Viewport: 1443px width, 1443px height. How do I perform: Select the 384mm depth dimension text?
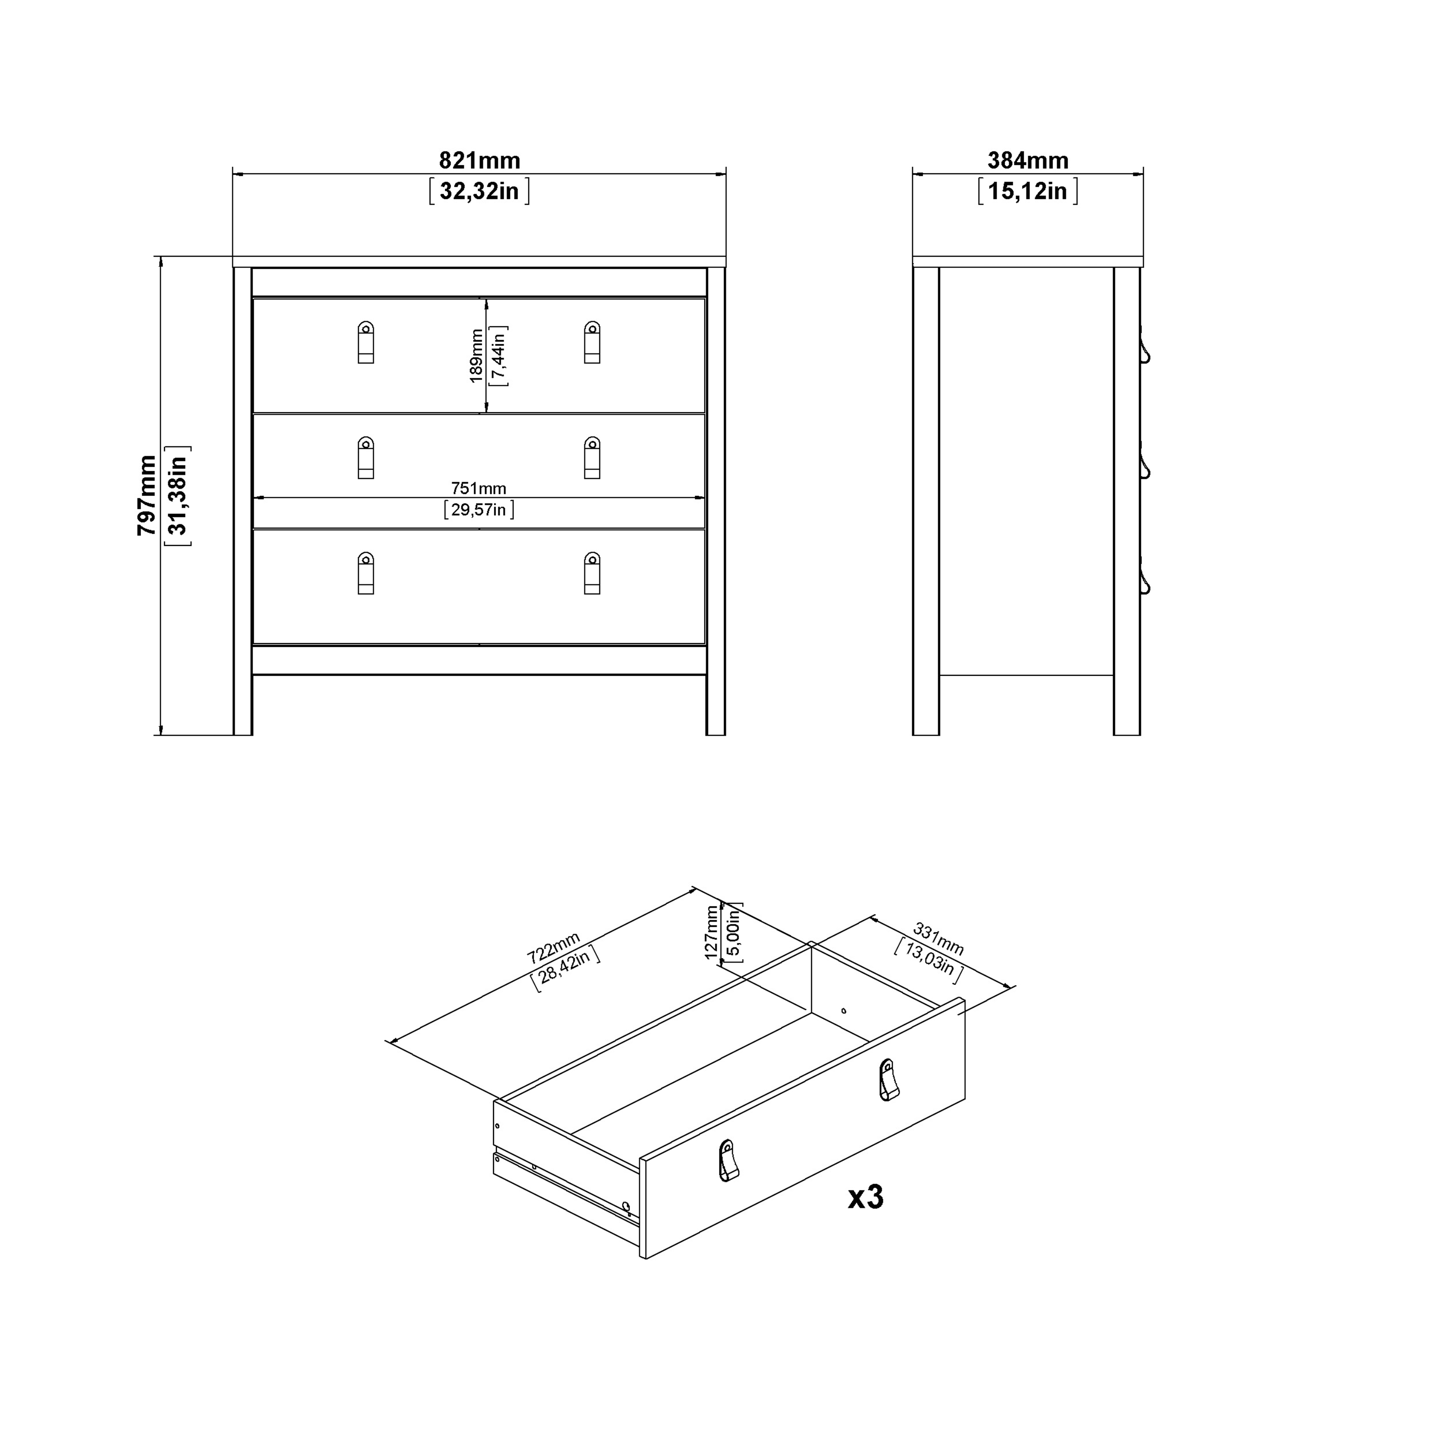pos(1028,161)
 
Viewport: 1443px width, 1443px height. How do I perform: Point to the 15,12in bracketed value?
pos(1028,191)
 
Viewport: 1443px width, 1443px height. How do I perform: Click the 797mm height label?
pos(147,495)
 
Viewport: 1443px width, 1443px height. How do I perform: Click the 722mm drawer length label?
pos(554,948)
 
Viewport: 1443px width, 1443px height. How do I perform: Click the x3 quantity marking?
pos(866,1197)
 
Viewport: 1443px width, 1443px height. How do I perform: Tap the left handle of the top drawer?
pos(366,343)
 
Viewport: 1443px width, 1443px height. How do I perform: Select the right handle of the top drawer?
pos(592,343)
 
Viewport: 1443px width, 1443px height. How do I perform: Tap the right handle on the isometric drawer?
pos(887,1080)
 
